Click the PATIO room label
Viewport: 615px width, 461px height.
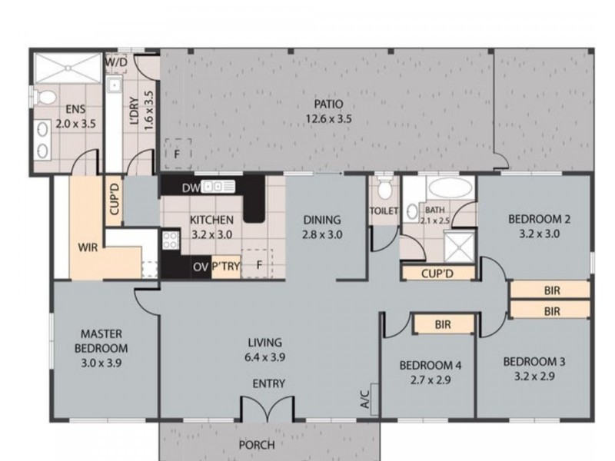pos(327,104)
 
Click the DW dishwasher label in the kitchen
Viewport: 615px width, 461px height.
pos(191,187)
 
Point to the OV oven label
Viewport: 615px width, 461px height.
pos(201,267)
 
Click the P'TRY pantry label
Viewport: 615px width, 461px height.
pos(226,267)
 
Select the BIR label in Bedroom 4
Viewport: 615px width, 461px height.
pos(442,325)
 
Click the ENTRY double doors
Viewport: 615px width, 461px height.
pos(266,409)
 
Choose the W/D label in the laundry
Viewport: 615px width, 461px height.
pos(116,61)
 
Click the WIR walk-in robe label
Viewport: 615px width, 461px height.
pos(87,247)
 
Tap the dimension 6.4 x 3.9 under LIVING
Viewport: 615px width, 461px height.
pos(265,357)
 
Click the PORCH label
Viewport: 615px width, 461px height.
pos(257,444)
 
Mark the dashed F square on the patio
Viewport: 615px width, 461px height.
pos(178,153)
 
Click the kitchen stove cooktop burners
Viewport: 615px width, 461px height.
pos(170,240)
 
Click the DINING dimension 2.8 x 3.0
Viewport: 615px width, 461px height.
pos(322,235)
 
